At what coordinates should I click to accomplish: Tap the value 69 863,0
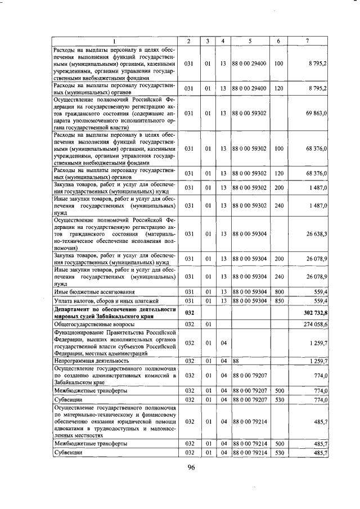point(317,114)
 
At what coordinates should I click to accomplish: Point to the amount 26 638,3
point(317,233)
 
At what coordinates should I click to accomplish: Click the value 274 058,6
point(316,325)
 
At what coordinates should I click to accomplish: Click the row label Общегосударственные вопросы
point(85,325)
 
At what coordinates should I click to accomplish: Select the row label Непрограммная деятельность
point(83,361)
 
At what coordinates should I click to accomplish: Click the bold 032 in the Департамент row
point(190,312)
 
